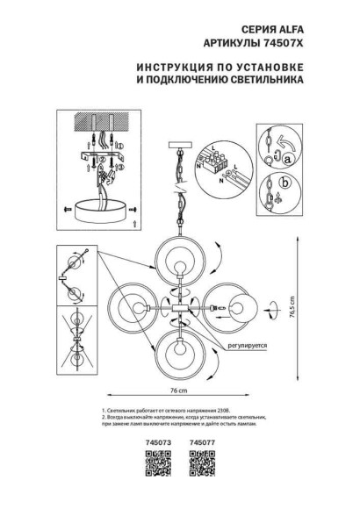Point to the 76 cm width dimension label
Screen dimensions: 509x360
click(x=179, y=389)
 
